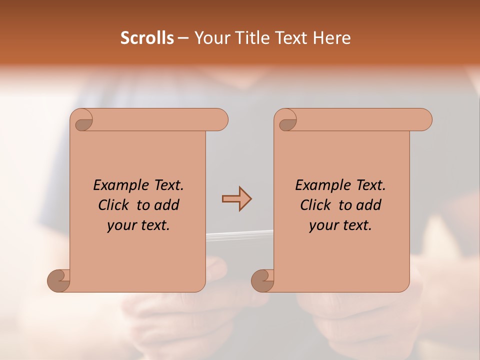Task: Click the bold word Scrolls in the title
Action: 147,38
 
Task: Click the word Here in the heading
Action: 331,38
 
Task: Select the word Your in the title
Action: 209,38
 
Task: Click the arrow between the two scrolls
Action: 237,199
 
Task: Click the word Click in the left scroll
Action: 114,205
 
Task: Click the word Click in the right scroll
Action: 315,205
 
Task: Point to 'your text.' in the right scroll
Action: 340,225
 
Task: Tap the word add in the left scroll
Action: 167,205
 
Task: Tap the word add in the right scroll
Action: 369,205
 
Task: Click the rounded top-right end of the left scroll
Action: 220,120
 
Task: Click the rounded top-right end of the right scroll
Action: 424,120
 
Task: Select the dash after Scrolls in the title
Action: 183,38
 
